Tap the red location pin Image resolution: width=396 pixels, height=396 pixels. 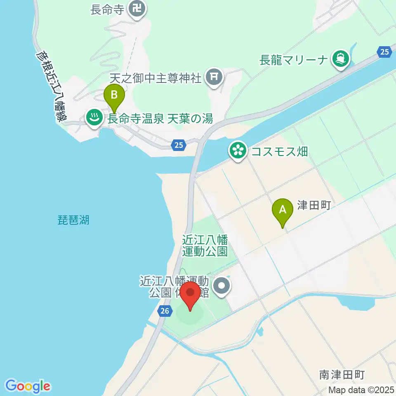(x=191, y=295)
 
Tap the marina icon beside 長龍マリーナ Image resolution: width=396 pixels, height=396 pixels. (x=341, y=59)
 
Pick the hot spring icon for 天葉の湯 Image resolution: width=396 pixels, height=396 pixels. (x=94, y=118)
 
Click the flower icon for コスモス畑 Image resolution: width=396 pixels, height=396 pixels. (x=238, y=151)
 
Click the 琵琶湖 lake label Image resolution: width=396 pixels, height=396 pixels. (x=73, y=220)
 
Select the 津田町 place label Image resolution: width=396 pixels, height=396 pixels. (x=314, y=205)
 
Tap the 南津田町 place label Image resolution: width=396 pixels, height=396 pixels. (x=342, y=375)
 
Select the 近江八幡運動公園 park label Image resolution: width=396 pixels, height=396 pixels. (x=205, y=245)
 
